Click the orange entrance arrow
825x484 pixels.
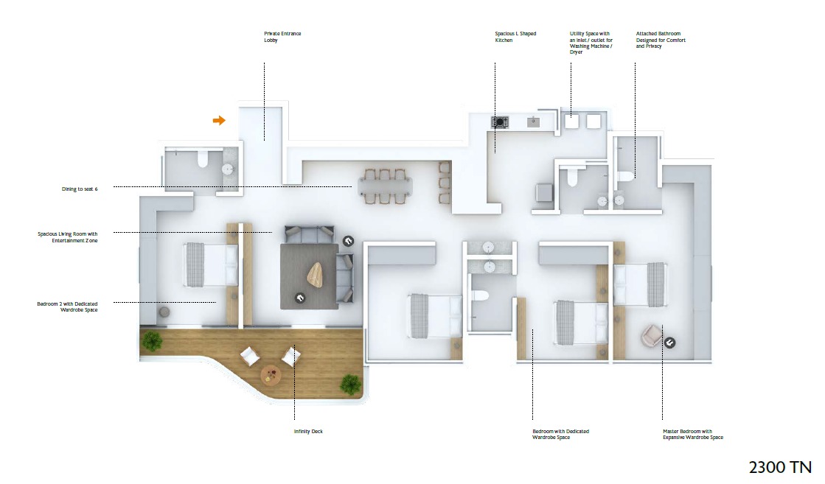click(219, 120)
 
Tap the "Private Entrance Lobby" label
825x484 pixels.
click(282, 37)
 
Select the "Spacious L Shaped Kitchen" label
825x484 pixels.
click(515, 37)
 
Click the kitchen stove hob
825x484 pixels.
click(500, 122)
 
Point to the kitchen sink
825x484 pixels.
click(534, 122)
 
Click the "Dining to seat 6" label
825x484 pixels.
click(80, 189)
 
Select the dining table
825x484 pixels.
click(385, 186)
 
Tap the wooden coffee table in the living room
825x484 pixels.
click(315, 274)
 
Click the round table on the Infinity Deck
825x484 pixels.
click(271, 375)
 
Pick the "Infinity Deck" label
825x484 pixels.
click(308, 432)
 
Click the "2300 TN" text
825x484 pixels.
click(780, 467)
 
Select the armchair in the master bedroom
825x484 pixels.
click(651, 336)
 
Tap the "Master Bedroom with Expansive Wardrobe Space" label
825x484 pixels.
click(693, 434)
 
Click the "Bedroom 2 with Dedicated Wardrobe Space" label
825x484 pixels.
click(67, 307)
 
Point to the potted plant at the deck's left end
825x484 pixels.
click(152, 341)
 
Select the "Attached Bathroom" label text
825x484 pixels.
click(658, 34)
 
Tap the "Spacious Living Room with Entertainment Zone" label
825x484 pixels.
click(67, 237)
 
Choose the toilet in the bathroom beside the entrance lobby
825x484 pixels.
click(203, 158)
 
